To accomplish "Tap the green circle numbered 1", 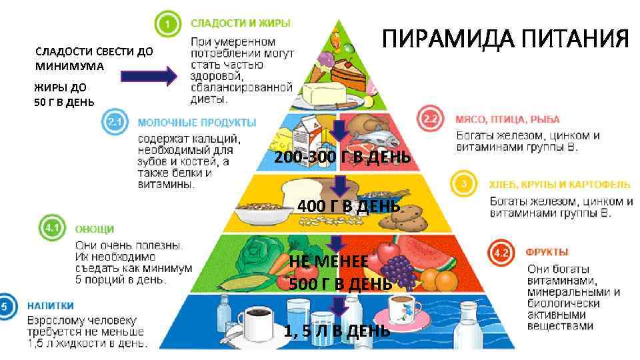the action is click(168, 25).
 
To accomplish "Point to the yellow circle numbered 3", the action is click(465, 183).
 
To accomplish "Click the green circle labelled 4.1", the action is click(52, 229).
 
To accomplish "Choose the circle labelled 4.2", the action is click(501, 253).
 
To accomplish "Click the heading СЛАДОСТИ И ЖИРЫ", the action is click(240, 23).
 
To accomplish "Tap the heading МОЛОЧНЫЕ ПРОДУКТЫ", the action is click(197, 123).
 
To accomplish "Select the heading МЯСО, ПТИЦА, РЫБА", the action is click(502, 121).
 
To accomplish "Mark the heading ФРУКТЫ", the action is click(547, 252).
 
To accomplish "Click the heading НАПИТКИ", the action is click(50, 306).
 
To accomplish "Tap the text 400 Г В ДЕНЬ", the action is click(349, 206).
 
